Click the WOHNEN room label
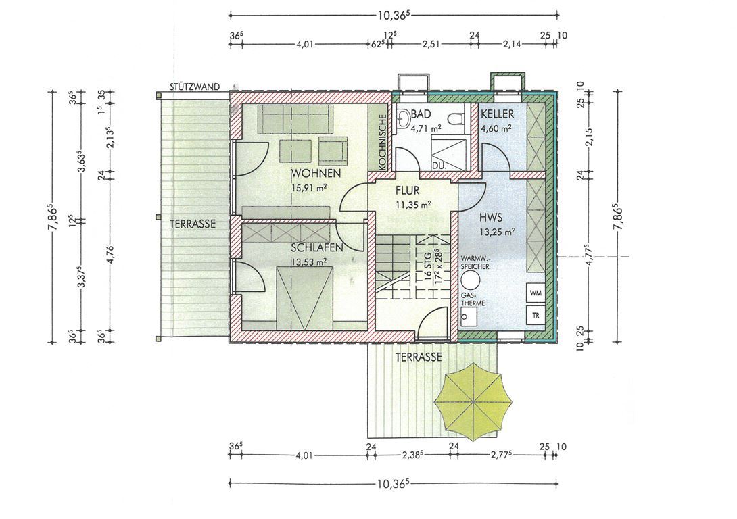(316, 173)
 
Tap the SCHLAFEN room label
(317, 247)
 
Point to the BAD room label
(421, 114)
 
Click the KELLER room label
(497, 114)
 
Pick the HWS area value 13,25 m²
(496, 231)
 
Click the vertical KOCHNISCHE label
(382, 142)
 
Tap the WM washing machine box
(536, 293)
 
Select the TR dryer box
(536, 315)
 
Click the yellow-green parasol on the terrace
(473, 402)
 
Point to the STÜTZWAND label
(195, 86)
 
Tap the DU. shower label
(439, 166)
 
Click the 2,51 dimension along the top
(431, 45)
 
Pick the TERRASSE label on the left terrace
(193, 224)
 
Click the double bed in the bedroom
(304, 299)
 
